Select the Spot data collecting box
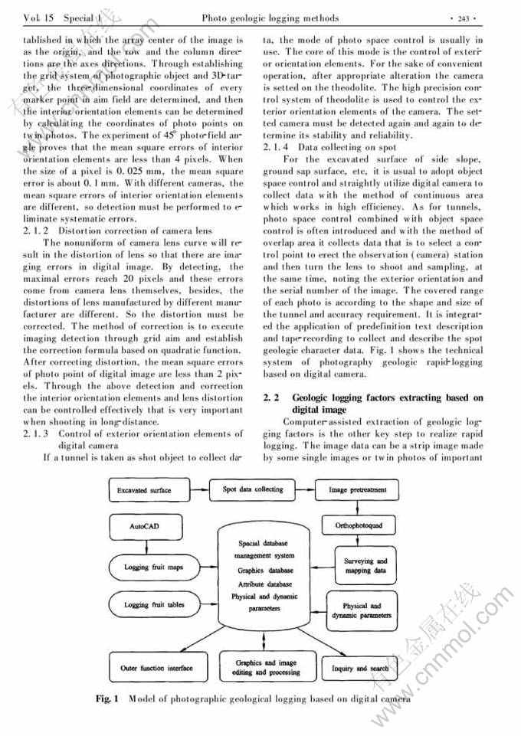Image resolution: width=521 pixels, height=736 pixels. (x=253, y=489)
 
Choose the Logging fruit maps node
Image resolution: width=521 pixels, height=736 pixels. (x=155, y=568)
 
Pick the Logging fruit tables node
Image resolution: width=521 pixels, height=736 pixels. (x=155, y=605)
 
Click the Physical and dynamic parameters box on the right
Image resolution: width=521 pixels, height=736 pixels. (x=362, y=610)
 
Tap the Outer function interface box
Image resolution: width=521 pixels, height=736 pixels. (x=156, y=668)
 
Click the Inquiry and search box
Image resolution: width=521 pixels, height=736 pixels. (x=360, y=669)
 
